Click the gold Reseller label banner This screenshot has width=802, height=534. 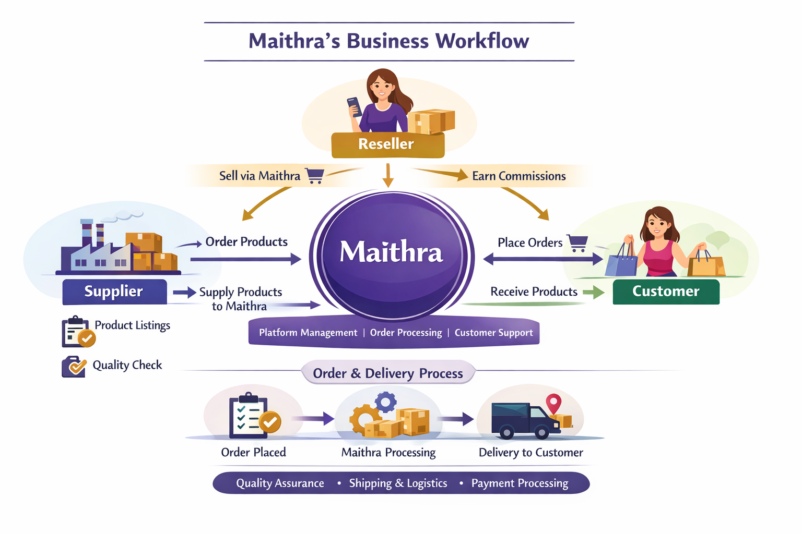click(x=387, y=144)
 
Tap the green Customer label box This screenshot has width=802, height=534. click(x=666, y=292)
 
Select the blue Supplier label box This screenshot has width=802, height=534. click(x=114, y=292)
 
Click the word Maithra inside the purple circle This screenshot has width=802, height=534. click(x=391, y=252)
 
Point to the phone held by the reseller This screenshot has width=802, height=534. click(x=355, y=106)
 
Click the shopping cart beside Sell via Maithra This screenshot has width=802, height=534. click(x=314, y=176)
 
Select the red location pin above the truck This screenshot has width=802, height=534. click(x=553, y=403)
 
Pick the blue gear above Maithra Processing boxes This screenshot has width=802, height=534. click(x=386, y=402)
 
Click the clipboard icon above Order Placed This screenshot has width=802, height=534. click(x=250, y=417)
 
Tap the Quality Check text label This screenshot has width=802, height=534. click(x=127, y=365)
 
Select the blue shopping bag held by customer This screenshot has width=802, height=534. click(x=621, y=261)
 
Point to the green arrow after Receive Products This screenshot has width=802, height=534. click(x=594, y=292)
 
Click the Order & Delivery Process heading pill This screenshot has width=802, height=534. click(x=388, y=373)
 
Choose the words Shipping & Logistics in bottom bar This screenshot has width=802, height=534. click(x=398, y=483)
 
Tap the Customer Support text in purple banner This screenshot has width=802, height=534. click(x=493, y=333)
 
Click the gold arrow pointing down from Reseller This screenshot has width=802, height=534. click(x=387, y=175)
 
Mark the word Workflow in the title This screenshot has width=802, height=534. click(x=482, y=41)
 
